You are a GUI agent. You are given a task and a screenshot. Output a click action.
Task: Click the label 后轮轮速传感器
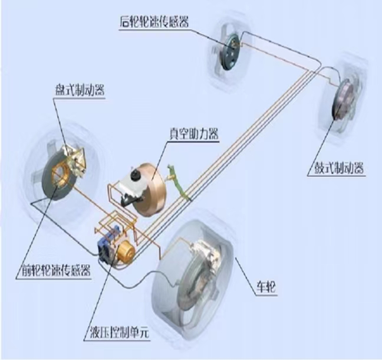click(x=154, y=22)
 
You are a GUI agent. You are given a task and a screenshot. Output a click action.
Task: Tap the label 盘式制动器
click(x=80, y=90)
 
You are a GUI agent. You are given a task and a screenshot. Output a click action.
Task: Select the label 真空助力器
click(x=194, y=133)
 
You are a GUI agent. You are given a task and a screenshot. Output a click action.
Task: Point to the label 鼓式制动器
click(x=340, y=168)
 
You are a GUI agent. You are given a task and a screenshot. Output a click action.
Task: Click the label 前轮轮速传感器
click(x=56, y=270)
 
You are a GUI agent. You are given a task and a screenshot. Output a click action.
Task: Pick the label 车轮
click(x=266, y=287)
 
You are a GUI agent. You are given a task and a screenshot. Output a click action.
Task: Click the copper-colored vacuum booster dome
click(x=150, y=189)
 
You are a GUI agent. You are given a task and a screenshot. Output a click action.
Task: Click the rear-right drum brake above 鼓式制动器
click(x=344, y=100)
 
